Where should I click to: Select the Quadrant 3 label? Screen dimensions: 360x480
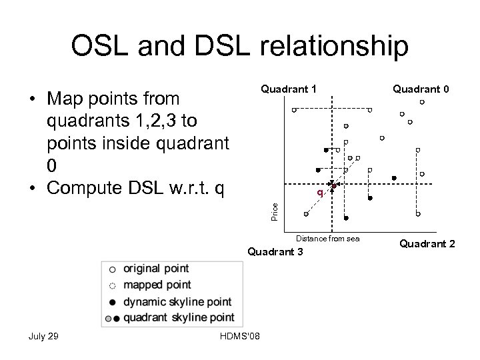275,252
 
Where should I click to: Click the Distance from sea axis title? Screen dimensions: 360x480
327,238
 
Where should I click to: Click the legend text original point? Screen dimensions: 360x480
156,269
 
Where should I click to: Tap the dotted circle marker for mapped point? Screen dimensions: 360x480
112,285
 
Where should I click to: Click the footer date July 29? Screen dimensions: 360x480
44,335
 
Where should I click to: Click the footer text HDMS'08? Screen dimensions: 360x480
239,335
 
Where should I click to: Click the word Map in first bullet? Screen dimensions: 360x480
65,99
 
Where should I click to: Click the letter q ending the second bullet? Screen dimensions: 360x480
220,185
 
